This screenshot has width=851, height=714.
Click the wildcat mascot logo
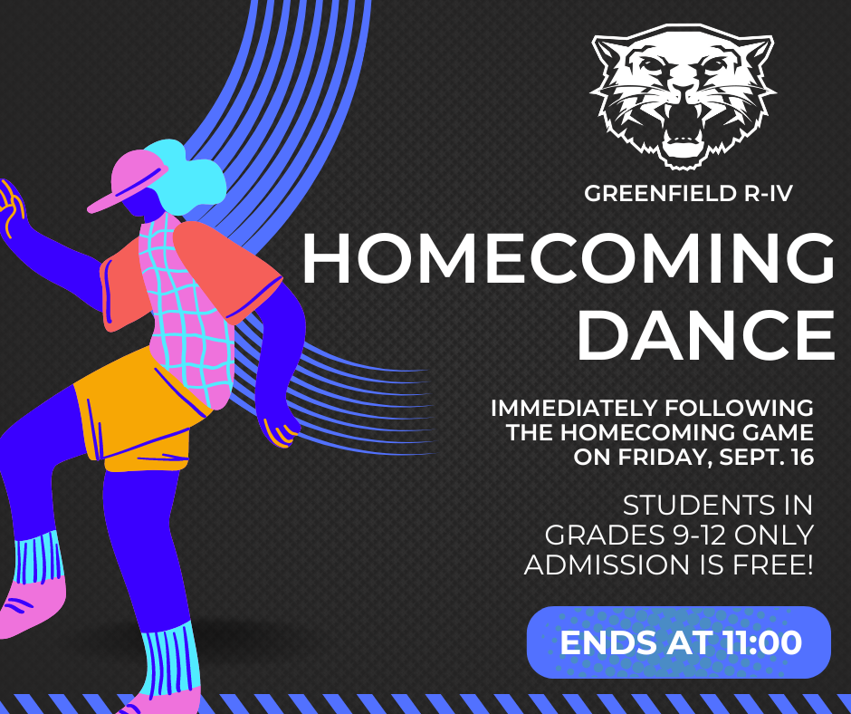[683, 96]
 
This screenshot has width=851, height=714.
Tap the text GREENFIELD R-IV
[688, 193]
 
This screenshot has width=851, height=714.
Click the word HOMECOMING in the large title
[569, 258]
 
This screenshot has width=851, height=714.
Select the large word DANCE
[705, 334]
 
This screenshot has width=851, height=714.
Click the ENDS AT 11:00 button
[678, 642]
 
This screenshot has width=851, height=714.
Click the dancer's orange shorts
[137, 414]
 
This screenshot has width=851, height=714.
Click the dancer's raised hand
[11, 207]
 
